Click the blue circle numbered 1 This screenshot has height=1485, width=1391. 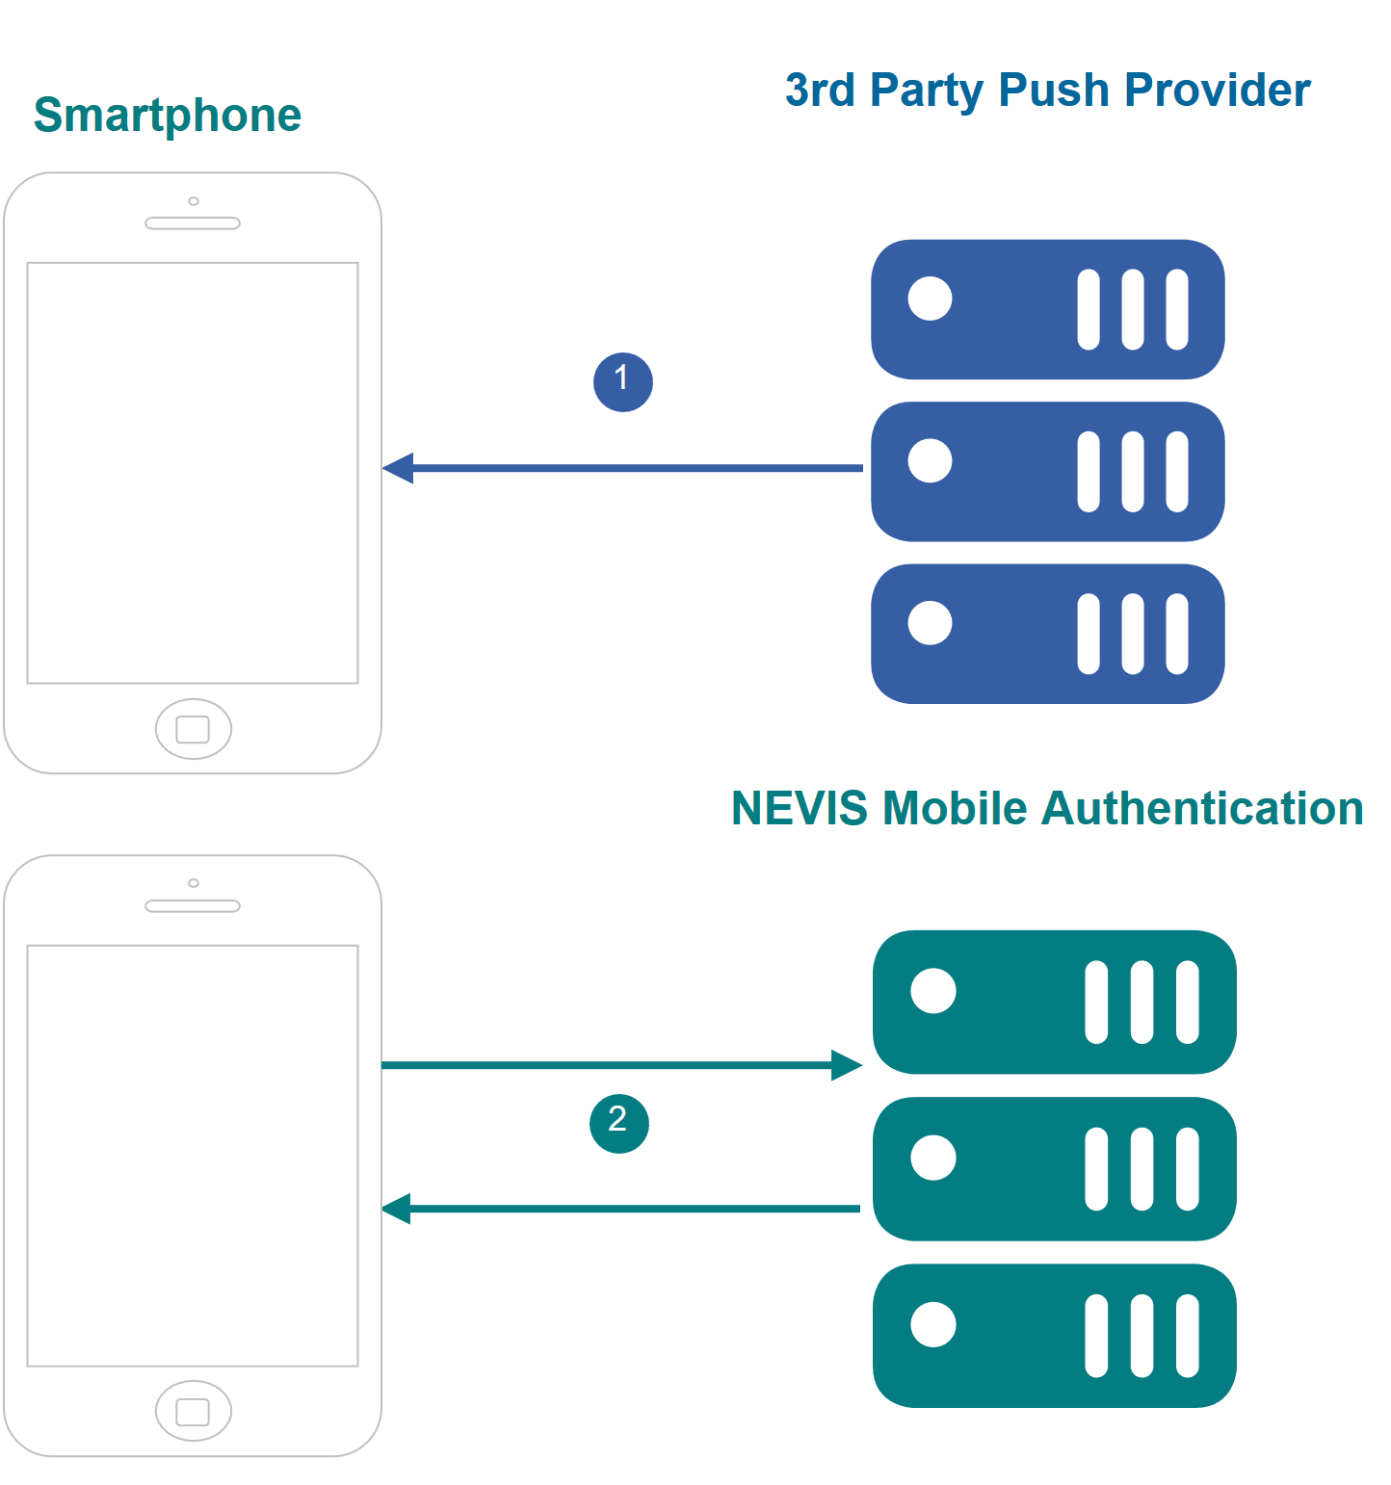pyautogui.click(x=623, y=382)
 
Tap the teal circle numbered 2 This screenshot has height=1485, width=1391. pyautogui.click(x=619, y=1123)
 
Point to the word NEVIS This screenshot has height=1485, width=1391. pyautogui.click(x=800, y=808)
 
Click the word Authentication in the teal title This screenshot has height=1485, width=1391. pyautogui.click(x=1202, y=808)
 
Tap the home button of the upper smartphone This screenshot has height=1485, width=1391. pyautogui.click(x=194, y=729)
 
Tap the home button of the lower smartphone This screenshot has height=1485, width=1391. pyautogui.click(x=194, y=1411)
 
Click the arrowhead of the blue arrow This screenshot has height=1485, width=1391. pyautogui.click(x=398, y=468)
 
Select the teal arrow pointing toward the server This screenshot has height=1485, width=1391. pyautogui.click(x=622, y=1065)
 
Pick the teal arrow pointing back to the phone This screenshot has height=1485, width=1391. pyautogui.click(x=621, y=1208)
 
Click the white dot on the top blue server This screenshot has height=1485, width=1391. pyautogui.click(x=931, y=299)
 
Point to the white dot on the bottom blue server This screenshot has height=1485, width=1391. pyautogui.click(x=931, y=623)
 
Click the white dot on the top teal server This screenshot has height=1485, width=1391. pyautogui.click(x=933, y=991)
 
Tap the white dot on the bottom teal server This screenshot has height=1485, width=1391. pyautogui.click(x=933, y=1324)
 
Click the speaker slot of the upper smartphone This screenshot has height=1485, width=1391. pyautogui.click(x=193, y=223)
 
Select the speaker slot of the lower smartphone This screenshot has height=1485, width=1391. pyautogui.click(x=193, y=906)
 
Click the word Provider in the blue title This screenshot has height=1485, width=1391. pyautogui.click(x=1218, y=90)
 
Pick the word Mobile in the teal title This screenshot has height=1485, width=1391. pyautogui.click(x=955, y=808)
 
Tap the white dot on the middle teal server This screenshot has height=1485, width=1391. pyautogui.click(x=933, y=1158)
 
